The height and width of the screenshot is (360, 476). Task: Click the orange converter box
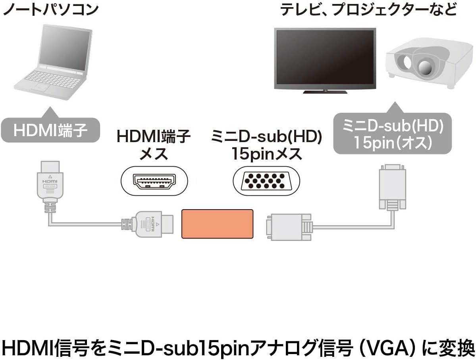tap(217, 224)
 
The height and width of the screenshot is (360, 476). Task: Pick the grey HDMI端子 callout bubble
tap(50, 131)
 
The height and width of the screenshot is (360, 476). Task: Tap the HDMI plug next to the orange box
tap(153, 224)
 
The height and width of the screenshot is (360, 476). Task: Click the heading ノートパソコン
tap(50, 9)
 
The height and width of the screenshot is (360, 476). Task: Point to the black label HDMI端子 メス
tap(153, 145)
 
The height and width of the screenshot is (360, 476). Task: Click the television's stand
tap(325, 91)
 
